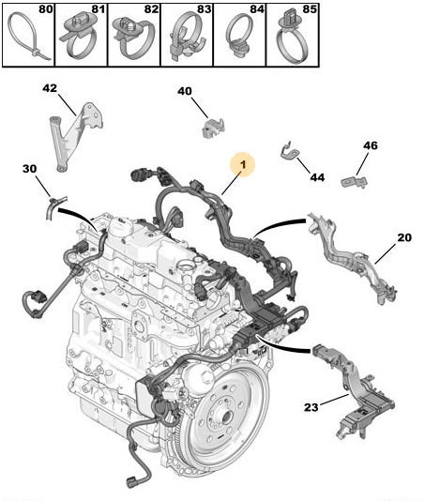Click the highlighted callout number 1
point(243,164)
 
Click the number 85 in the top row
point(310,9)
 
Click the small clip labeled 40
point(214,129)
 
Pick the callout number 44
point(317,177)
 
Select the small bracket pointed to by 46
point(354,182)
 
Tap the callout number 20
point(404,237)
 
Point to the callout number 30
point(30,169)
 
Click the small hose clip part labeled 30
point(55,206)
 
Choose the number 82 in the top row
point(151,9)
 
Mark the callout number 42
point(50,88)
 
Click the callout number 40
point(185,91)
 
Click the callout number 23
point(311,407)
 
